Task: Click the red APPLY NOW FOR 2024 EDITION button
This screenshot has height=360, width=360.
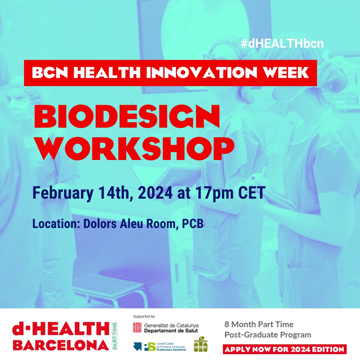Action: pyautogui.click(x=285, y=349)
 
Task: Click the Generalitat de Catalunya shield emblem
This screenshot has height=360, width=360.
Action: pyautogui.click(x=137, y=328)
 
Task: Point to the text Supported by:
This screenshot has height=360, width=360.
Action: pyautogui.click(x=144, y=316)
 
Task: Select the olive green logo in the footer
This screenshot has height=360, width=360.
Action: pyautogui.click(x=201, y=344)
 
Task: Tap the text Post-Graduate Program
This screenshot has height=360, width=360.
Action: pyautogui.click(x=268, y=334)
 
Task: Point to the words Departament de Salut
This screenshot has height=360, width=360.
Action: pyautogui.click(x=171, y=331)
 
